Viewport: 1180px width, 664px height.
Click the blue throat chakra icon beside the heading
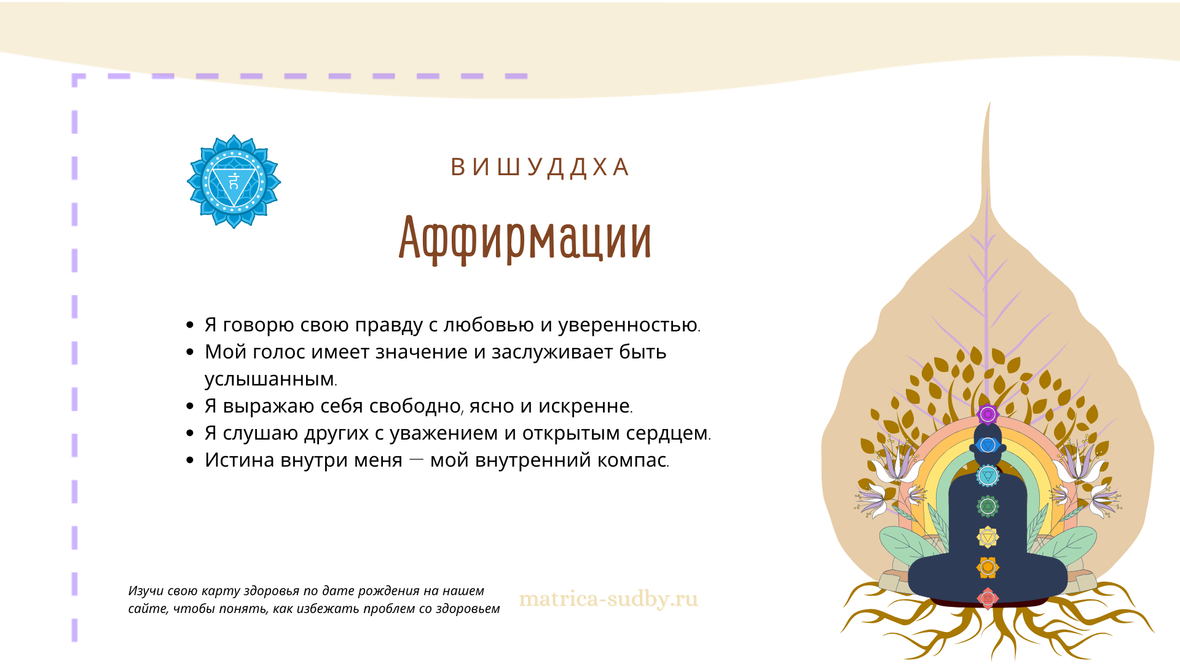click(x=234, y=181)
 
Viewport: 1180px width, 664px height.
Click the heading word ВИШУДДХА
click(x=540, y=167)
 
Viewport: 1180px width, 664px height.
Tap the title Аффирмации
click(x=525, y=239)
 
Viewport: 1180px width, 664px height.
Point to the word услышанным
click(x=270, y=379)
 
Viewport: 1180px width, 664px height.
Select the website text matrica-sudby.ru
click(x=608, y=599)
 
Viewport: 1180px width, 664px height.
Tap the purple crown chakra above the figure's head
click(x=988, y=414)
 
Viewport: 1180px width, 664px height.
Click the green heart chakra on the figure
click(x=988, y=506)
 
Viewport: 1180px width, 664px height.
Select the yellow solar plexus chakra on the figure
click(x=988, y=537)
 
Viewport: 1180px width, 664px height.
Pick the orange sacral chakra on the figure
click(x=988, y=567)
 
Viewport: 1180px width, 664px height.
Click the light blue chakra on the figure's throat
click(x=988, y=476)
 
